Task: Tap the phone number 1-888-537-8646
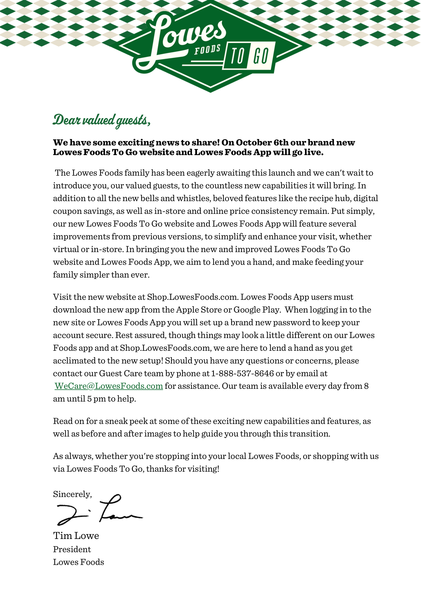click(242, 373)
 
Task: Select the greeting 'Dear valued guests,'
click(102, 120)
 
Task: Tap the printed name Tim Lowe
click(76, 536)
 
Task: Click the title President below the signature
click(72, 549)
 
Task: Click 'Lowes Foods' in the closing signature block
click(78, 562)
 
